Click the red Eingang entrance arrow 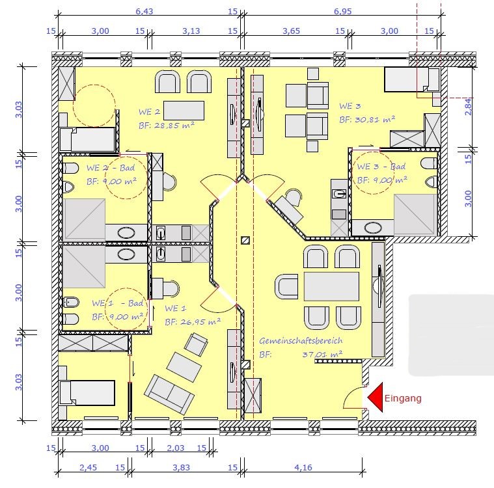click(376, 398)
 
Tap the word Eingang click(403, 398)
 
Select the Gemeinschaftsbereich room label click(301, 340)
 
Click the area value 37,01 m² click(322, 355)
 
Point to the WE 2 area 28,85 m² click(174, 125)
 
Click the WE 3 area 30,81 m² click(375, 120)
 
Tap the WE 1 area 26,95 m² click(200, 321)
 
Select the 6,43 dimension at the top click(144, 11)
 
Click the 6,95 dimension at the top click(343, 11)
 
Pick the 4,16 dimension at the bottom click(303, 467)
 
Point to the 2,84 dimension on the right click(469, 107)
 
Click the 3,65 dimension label click(291, 31)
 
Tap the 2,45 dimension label click(89, 467)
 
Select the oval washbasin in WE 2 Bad click(126, 233)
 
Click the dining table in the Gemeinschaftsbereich click(331, 287)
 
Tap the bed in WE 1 click(87, 392)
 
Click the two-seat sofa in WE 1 click(169, 394)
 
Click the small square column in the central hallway click(245, 240)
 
